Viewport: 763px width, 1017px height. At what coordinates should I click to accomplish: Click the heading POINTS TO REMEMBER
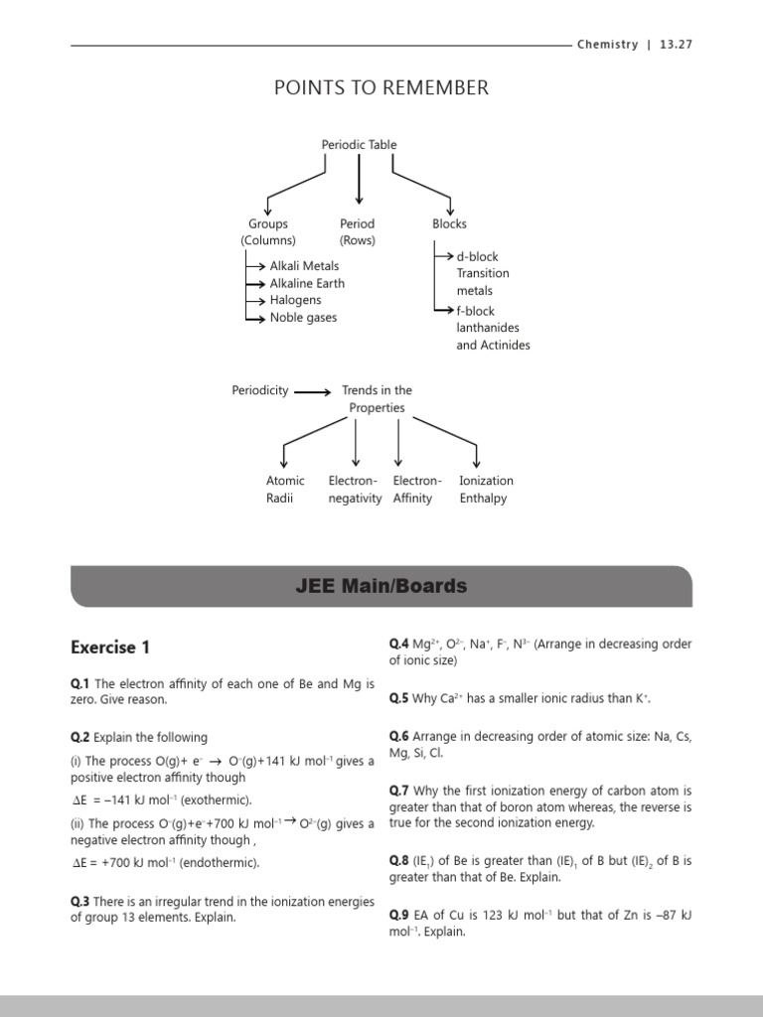click(x=381, y=87)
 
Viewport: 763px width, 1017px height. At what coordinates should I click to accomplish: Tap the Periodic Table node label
click(x=359, y=144)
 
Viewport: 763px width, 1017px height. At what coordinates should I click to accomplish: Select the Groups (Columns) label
click(x=267, y=232)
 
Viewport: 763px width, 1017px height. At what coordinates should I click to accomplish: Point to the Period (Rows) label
click(x=357, y=232)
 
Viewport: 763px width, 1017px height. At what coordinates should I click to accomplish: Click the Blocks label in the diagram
click(x=449, y=223)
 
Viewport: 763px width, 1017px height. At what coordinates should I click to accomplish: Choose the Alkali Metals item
click(x=304, y=266)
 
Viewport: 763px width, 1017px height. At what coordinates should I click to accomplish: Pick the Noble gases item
click(x=303, y=318)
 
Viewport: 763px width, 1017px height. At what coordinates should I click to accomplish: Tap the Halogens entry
click(x=296, y=300)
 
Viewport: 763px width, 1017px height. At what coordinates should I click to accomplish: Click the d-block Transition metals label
click(x=483, y=273)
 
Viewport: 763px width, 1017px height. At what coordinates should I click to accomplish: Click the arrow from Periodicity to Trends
click(x=313, y=391)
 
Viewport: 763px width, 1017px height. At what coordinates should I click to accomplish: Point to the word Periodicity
click(x=260, y=390)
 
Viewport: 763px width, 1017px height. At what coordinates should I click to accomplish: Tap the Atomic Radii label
click(x=285, y=489)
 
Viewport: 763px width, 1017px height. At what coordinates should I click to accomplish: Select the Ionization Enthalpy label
click(x=486, y=489)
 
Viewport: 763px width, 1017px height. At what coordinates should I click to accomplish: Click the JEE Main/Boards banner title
click(x=381, y=586)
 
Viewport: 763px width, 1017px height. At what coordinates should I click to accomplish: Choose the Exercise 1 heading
click(x=110, y=648)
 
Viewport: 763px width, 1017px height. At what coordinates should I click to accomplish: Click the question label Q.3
click(x=79, y=901)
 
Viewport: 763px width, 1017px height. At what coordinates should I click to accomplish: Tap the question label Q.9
click(x=398, y=914)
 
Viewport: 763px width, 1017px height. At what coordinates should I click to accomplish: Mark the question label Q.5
click(x=398, y=698)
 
